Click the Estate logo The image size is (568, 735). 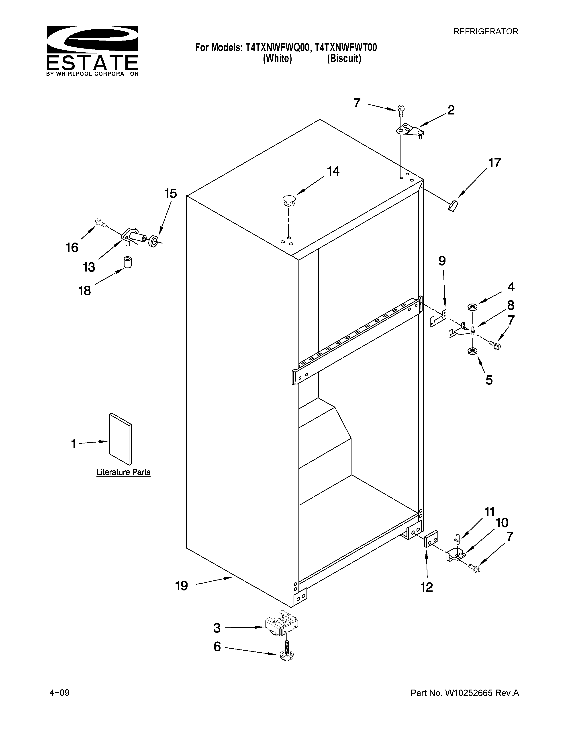point(92,51)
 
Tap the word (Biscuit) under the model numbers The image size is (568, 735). point(344,59)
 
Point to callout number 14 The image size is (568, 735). point(333,172)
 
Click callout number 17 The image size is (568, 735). point(495,163)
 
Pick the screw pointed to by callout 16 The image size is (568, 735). point(100,223)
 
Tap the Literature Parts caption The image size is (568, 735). point(123,472)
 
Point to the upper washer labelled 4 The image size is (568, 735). point(472,307)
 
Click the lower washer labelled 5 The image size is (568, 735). point(472,351)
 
